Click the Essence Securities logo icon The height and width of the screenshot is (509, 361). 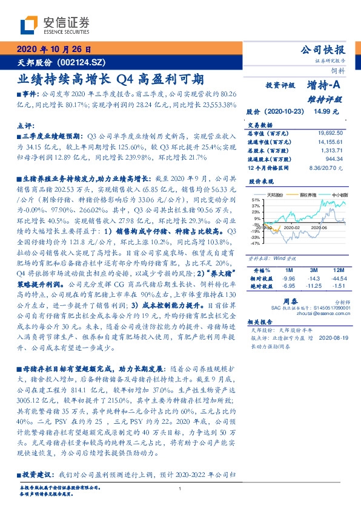(29, 26)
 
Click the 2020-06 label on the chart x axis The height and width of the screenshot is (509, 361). (319, 227)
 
